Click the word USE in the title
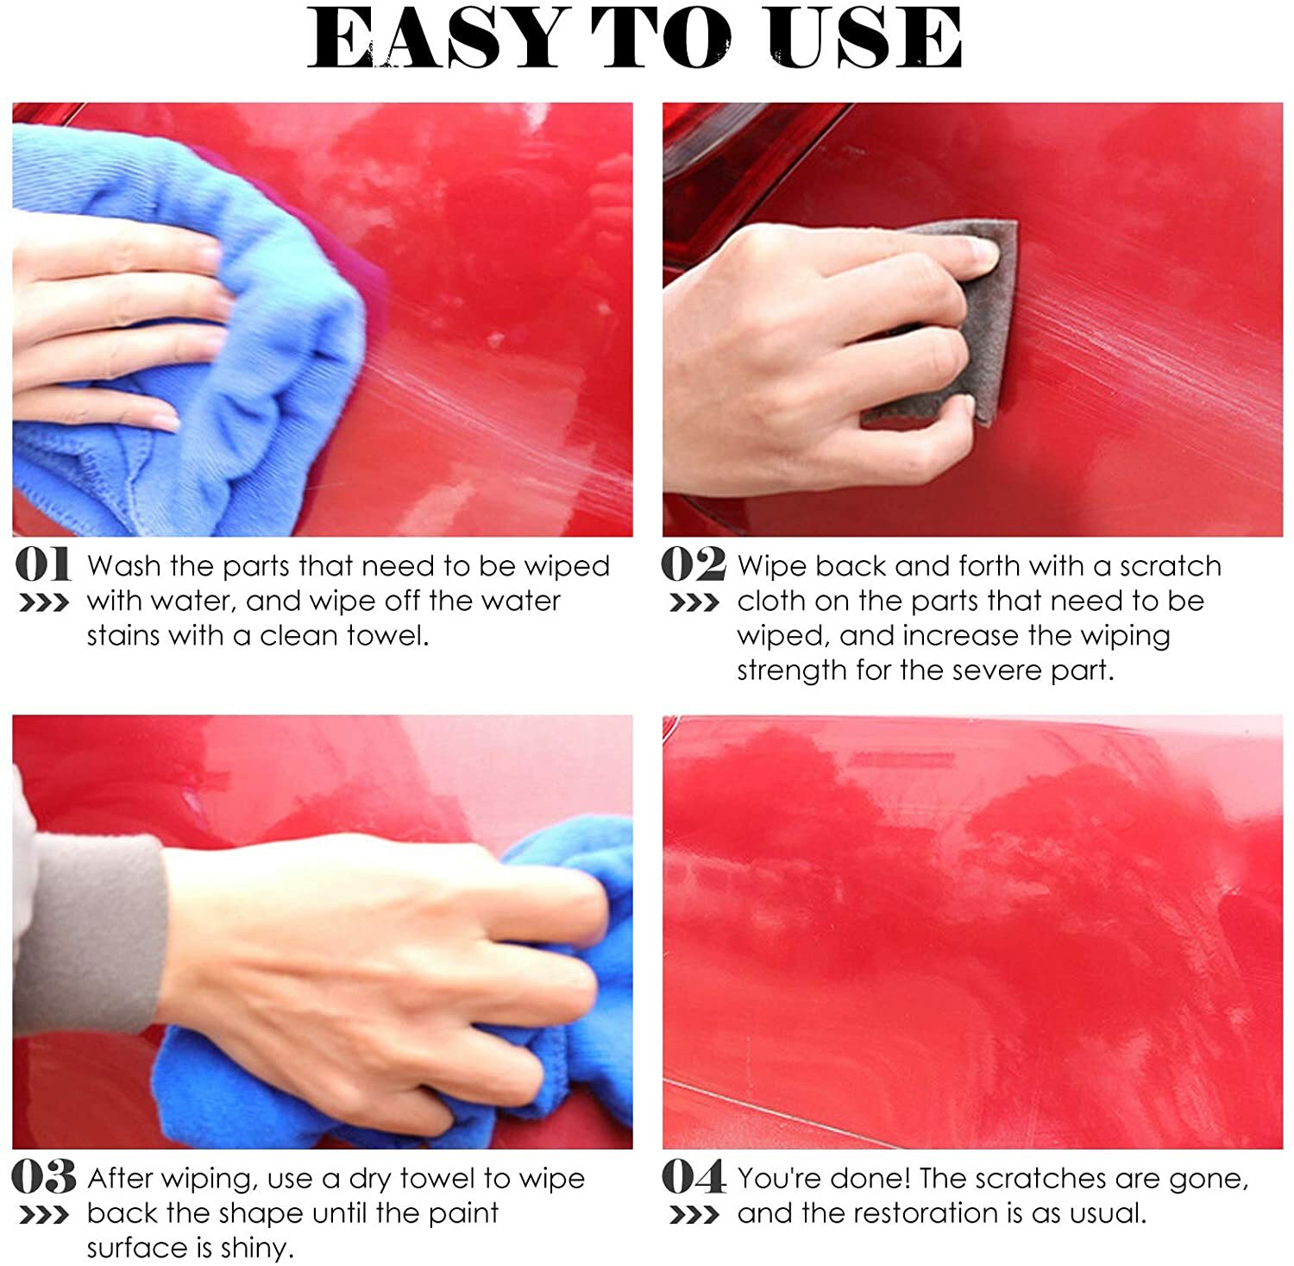point(864,39)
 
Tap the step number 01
point(43,565)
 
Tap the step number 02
point(694,565)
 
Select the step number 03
point(44,1178)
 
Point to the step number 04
point(694,1178)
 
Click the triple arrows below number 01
point(43,603)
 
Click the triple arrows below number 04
point(694,1216)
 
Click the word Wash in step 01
point(124,566)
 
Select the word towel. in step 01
point(387,636)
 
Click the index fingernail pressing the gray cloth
point(982,252)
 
